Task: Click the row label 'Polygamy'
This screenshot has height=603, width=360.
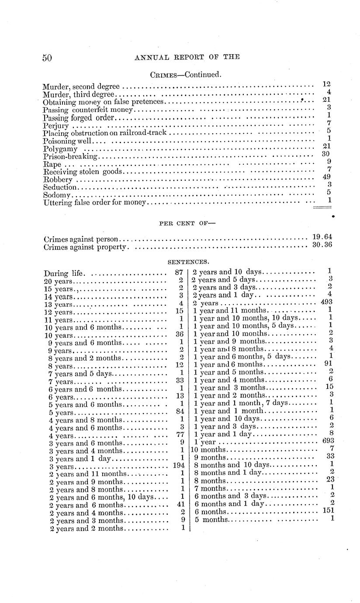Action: coord(60,149)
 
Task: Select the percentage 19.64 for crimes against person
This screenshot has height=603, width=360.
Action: coord(322,237)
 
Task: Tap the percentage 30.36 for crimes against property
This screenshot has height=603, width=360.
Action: coord(322,245)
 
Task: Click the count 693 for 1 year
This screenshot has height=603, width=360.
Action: coord(327,441)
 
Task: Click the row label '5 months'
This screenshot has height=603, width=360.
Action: coord(211,520)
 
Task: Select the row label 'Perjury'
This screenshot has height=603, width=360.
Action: coord(56,126)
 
